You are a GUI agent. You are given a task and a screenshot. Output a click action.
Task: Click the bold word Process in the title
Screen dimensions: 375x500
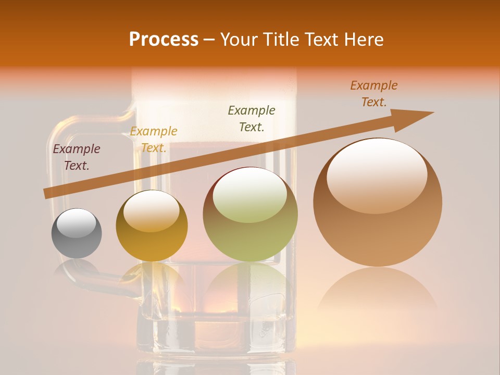(164, 40)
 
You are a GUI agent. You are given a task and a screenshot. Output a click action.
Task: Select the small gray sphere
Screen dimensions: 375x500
(77, 234)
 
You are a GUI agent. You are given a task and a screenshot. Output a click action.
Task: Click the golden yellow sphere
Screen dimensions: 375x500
(152, 226)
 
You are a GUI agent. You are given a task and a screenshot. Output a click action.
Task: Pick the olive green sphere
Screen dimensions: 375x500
(250, 214)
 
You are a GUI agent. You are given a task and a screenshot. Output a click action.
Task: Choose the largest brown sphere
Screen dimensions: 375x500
(378, 203)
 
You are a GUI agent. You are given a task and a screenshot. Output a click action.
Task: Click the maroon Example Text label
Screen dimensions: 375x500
(77, 157)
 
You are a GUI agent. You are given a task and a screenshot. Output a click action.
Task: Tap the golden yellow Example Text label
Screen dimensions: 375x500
(154, 140)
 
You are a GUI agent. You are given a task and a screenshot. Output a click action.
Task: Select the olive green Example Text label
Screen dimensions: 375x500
(252, 118)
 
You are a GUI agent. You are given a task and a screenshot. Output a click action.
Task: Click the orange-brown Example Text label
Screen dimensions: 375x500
(374, 94)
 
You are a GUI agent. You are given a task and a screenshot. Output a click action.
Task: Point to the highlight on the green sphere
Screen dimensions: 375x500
(250, 196)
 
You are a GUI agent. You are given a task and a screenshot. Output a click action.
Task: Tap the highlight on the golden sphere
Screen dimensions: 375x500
(152, 211)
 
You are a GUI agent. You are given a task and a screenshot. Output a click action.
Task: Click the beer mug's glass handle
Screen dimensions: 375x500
(57, 156)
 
